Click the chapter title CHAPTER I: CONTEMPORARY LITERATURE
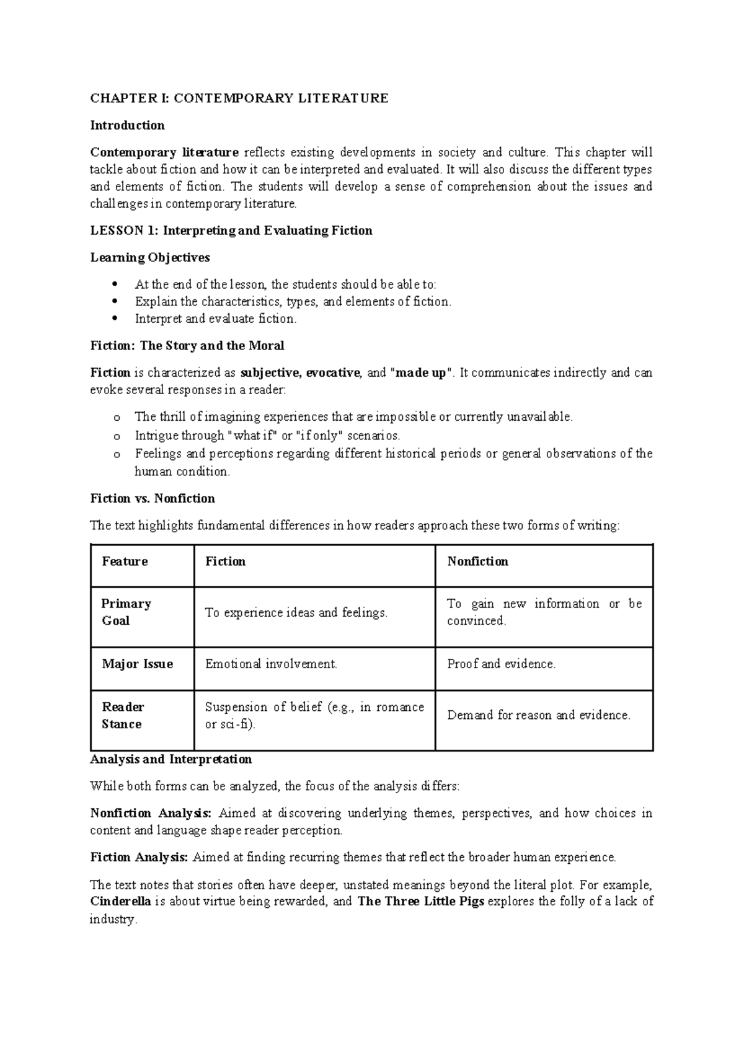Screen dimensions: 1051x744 239,98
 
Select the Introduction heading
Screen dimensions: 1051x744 127,125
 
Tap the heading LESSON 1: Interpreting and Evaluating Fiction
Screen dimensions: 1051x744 231,231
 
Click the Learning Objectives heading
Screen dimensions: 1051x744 150,257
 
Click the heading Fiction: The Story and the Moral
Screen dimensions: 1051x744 187,346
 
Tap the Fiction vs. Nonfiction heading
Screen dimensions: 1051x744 153,498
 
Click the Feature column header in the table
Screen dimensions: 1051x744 125,561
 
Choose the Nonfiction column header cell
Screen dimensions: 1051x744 477,561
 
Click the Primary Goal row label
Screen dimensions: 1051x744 126,612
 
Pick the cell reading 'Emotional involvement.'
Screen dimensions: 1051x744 271,664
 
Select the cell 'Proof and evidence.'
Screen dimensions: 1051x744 502,664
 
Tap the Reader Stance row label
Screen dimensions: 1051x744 123,716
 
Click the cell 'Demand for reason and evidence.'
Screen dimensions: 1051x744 539,716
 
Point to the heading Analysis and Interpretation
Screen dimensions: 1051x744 171,759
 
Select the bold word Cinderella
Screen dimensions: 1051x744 120,902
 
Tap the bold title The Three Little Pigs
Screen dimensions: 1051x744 421,902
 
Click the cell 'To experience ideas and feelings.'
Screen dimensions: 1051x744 296,613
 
